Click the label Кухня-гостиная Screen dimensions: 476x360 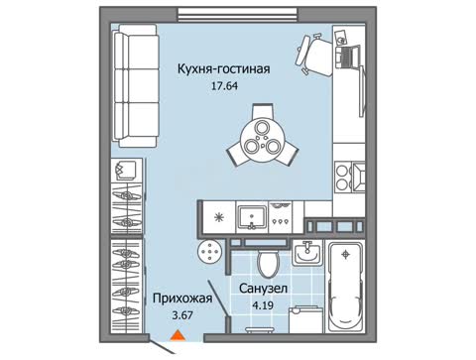point(224,69)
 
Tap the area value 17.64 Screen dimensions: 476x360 point(224,86)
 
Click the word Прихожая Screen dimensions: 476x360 point(182,299)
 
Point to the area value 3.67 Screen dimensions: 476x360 point(182,315)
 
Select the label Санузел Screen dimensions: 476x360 point(263,289)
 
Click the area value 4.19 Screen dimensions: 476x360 point(263,305)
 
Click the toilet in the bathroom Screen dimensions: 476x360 point(268,262)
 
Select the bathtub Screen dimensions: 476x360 point(345,287)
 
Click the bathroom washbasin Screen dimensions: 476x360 point(307,253)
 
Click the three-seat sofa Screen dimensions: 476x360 point(135,86)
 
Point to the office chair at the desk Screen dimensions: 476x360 point(314,56)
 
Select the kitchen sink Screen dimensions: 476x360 point(252,217)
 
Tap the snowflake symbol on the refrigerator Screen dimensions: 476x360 point(219,217)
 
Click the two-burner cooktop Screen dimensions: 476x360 point(342,178)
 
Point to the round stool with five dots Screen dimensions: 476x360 point(209,252)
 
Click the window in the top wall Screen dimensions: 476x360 point(238,15)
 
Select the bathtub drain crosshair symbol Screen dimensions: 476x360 point(346,254)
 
